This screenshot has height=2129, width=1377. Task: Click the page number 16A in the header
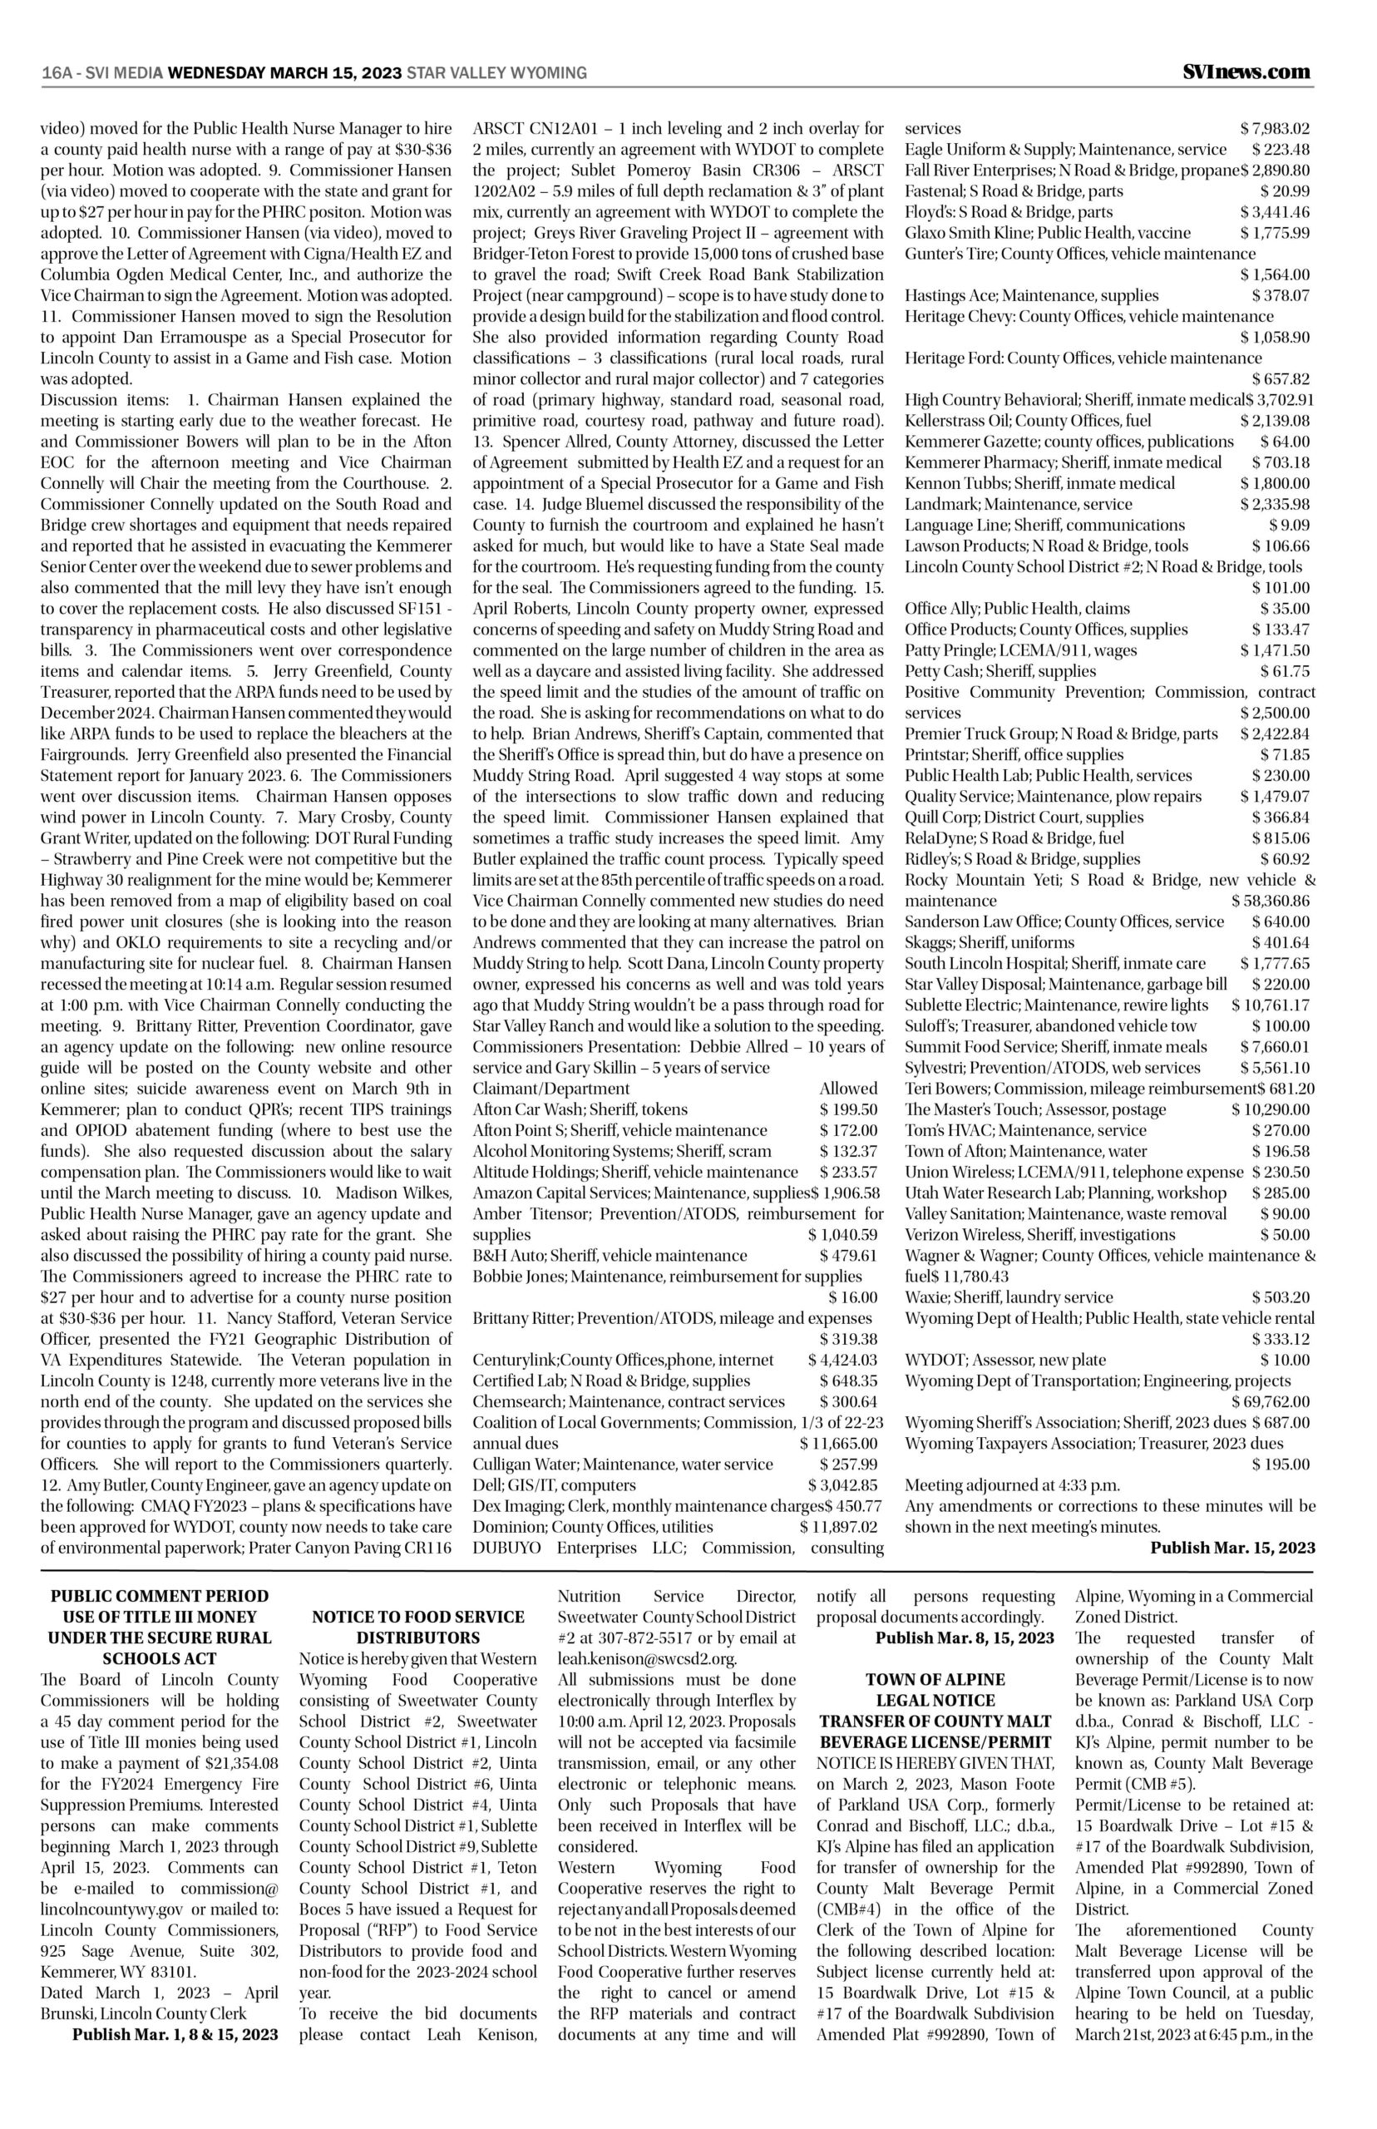click(57, 73)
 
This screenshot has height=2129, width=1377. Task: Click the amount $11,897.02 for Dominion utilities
click(839, 1526)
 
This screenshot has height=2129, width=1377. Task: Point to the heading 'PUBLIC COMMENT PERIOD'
click(159, 1596)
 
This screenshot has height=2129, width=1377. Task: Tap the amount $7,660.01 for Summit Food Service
click(1275, 1047)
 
